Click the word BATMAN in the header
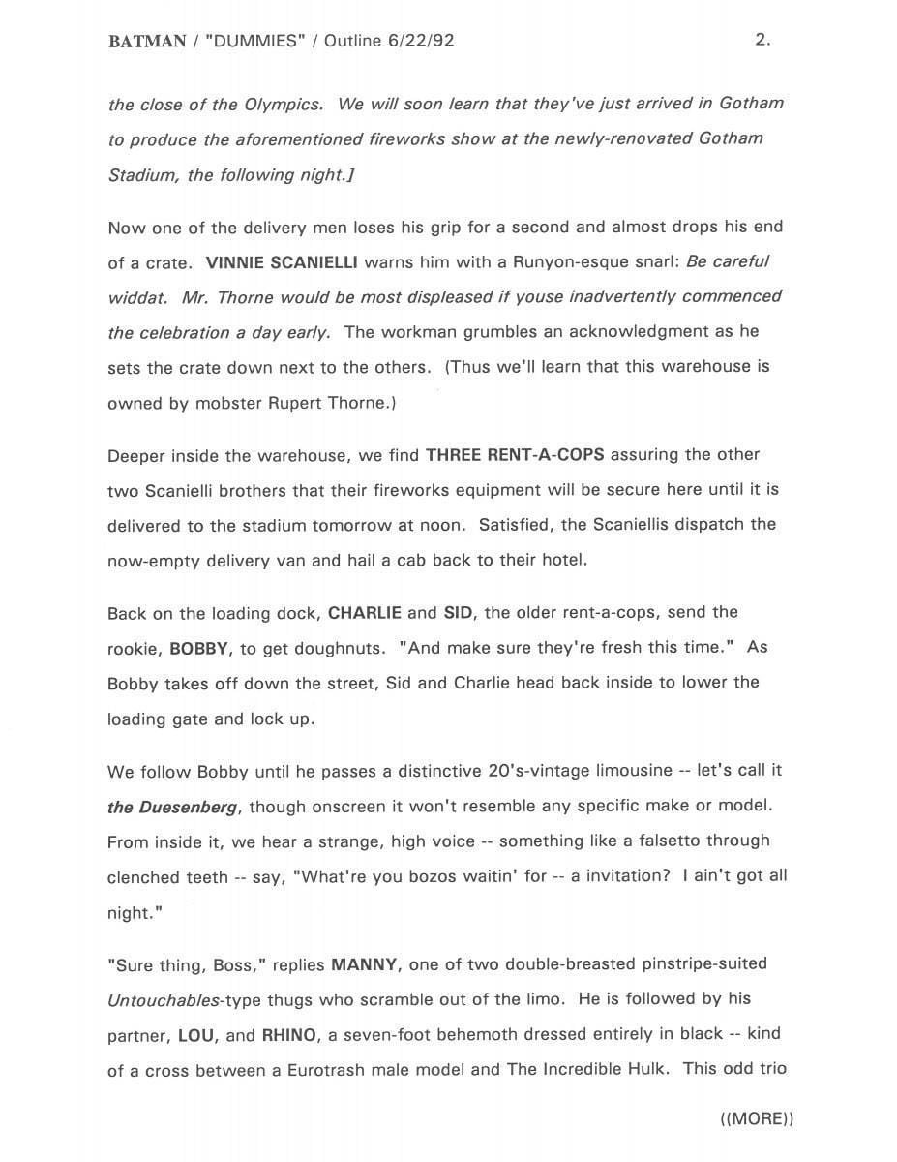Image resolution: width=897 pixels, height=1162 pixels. pos(147,41)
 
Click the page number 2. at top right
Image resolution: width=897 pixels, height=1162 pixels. pos(762,40)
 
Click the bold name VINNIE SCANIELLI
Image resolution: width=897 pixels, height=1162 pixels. pos(283,261)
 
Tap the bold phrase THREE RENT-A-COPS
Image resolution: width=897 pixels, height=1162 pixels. pos(516,454)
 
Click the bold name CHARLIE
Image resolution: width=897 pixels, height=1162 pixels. pos(365,612)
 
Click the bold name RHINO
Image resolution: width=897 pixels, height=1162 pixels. pos(288,1034)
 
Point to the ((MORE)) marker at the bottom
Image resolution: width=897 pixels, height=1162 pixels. pos(757,1118)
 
